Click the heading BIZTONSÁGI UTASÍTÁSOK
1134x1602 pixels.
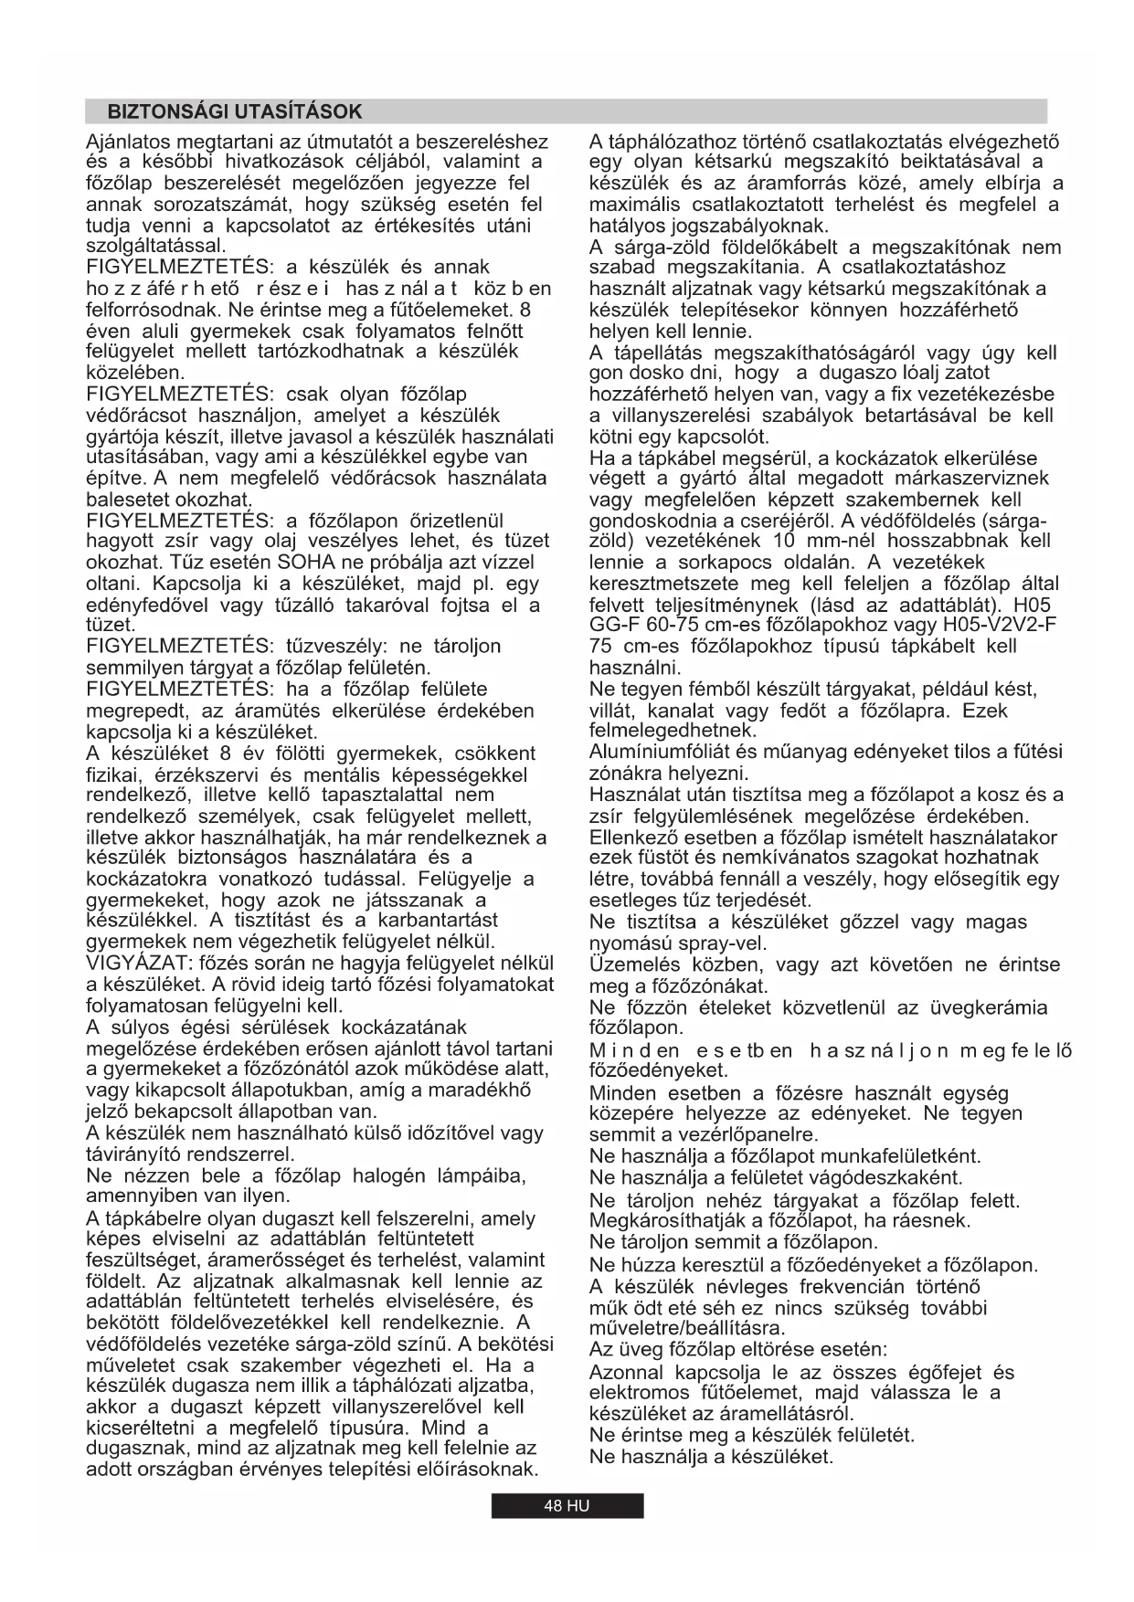(x=235, y=112)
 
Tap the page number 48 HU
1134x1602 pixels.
(x=567, y=1506)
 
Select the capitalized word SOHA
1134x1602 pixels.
(x=309, y=563)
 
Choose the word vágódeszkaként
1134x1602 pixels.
(x=885, y=1177)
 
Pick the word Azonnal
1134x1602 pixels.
(x=626, y=1374)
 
